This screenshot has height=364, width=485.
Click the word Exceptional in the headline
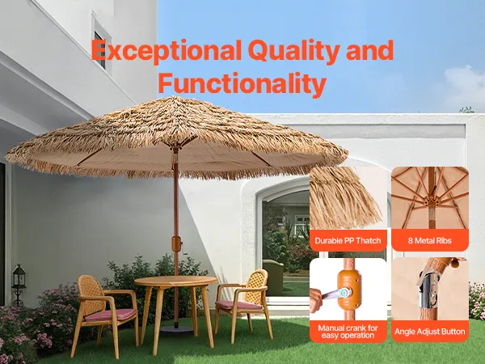166,51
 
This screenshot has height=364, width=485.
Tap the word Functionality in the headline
242,83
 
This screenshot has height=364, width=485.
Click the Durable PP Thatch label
348,240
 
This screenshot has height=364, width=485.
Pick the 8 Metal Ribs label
430,240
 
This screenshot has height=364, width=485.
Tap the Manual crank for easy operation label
348,332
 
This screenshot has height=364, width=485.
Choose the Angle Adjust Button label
430,332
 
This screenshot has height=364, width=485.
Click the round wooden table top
176,281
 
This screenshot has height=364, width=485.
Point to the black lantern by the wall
19,284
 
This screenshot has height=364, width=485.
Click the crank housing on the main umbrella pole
176,245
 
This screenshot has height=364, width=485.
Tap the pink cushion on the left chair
110,315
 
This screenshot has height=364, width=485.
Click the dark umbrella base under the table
176,328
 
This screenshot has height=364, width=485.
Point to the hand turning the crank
316,299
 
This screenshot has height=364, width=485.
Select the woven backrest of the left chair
90,294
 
